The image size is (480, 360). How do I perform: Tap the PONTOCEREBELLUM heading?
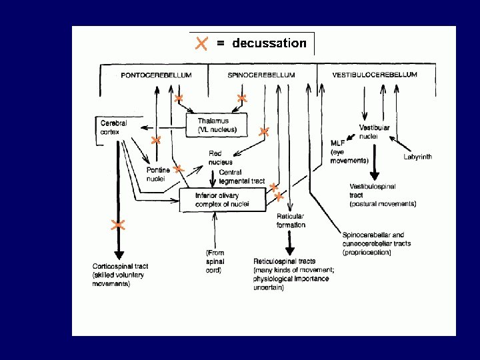pyautogui.click(x=156, y=75)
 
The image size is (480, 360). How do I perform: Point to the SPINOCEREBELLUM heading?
pyautogui.click(x=261, y=75)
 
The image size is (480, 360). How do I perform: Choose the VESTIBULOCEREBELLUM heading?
pyautogui.click(x=375, y=75)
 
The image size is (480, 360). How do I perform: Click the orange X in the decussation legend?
pyautogui.click(x=201, y=43)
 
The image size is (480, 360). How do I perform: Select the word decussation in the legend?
pyautogui.click(x=269, y=43)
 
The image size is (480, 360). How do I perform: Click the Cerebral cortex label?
pyautogui.click(x=113, y=127)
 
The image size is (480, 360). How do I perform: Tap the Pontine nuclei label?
pyautogui.click(x=158, y=174)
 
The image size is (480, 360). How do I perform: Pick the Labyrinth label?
pyautogui.click(x=417, y=157)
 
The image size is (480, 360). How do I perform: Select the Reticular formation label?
pyautogui.click(x=291, y=221)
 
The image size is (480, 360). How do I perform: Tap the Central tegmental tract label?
pyautogui.click(x=241, y=177)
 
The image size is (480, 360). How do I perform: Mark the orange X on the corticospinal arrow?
pyautogui.click(x=118, y=225)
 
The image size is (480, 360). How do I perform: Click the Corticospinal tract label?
pyautogui.click(x=120, y=275)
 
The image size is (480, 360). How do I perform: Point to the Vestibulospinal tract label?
pyautogui.click(x=382, y=195)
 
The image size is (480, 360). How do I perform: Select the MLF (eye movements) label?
pyautogui.click(x=349, y=152)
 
